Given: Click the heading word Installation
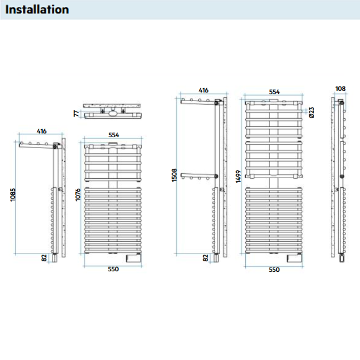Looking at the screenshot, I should (38, 9).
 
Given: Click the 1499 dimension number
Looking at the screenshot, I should (239, 178).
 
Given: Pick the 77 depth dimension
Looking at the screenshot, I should (76, 112).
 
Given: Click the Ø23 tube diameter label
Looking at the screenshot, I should (311, 112).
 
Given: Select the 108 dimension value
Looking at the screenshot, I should (341, 89).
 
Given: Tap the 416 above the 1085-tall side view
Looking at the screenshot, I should (41, 131).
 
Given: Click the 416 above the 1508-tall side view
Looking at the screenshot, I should (203, 90).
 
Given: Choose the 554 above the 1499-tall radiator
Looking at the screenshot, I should (274, 91).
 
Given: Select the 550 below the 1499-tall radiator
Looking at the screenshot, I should (274, 270).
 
